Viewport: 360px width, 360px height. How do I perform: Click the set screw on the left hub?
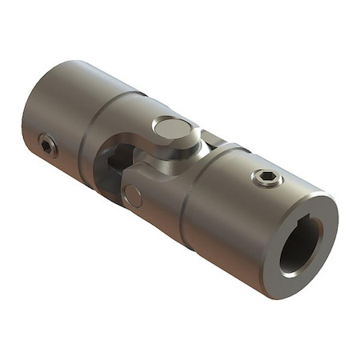(48, 146)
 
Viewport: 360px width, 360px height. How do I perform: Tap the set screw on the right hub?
(267, 178)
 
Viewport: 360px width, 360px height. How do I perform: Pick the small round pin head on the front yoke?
(134, 195)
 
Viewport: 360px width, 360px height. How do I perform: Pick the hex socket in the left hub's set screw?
(48, 146)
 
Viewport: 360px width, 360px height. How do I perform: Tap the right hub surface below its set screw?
(240, 232)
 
